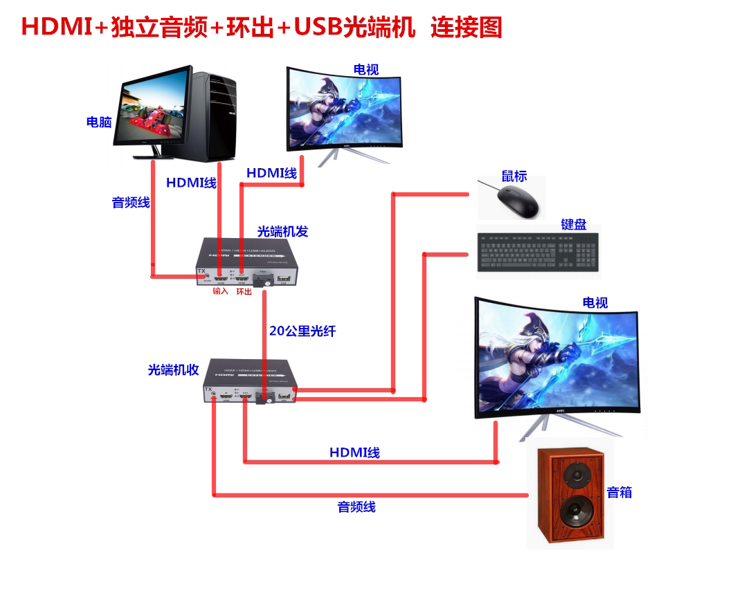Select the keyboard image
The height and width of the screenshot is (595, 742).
click(x=537, y=251)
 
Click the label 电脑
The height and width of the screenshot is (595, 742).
click(x=99, y=122)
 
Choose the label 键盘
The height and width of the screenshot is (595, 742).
click(x=574, y=224)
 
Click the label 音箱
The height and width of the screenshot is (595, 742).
click(x=619, y=493)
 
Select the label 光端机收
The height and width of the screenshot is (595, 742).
click(x=173, y=370)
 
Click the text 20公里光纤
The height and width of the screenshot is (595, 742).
click(x=302, y=331)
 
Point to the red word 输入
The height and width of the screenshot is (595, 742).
click(x=220, y=291)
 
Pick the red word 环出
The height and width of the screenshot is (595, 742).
click(x=244, y=291)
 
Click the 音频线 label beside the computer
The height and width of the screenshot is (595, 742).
click(x=131, y=203)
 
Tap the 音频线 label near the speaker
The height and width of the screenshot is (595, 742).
click(x=356, y=507)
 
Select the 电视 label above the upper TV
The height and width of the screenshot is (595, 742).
click(x=366, y=69)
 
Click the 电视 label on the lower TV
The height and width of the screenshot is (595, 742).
click(x=595, y=302)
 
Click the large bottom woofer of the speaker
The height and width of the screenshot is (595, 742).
click(x=574, y=514)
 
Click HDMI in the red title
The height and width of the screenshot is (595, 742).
click(x=55, y=28)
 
